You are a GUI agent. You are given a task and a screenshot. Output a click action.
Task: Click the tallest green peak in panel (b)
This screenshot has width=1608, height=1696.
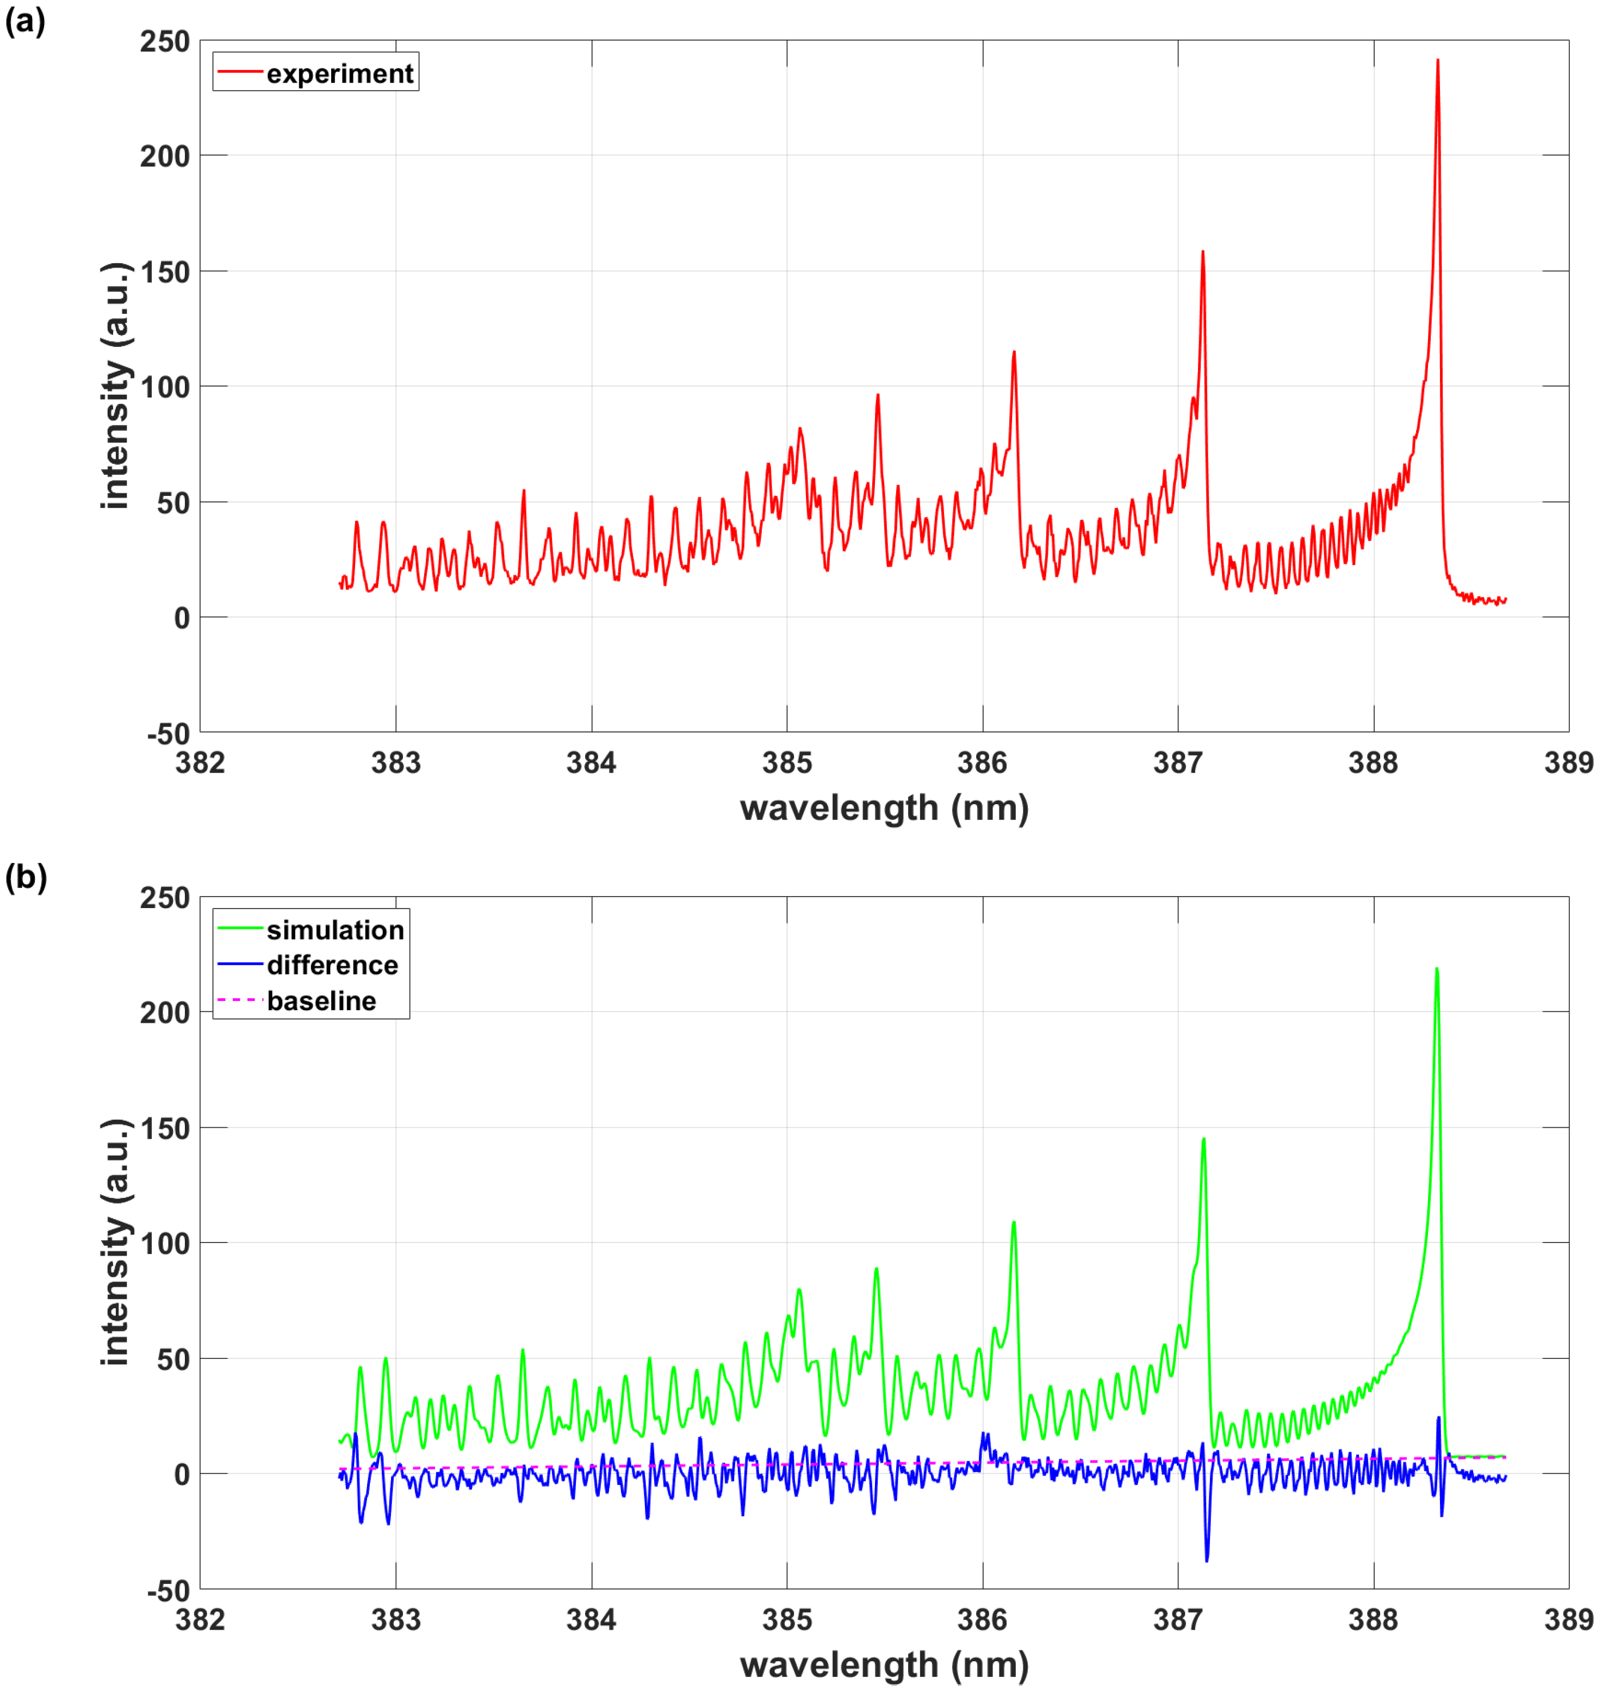[1437, 970]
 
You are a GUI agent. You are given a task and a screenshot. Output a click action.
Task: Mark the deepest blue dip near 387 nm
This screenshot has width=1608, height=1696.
[1207, 1560]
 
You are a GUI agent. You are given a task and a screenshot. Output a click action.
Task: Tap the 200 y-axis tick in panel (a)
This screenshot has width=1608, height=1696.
[165, 156]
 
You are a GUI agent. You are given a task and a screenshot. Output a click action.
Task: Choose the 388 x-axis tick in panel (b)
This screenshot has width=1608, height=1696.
[1373, 1620]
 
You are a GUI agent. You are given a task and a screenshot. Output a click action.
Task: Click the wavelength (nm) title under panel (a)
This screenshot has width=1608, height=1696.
[884, 807]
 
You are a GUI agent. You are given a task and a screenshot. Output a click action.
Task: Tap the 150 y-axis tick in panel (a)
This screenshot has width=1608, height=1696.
[165, 272]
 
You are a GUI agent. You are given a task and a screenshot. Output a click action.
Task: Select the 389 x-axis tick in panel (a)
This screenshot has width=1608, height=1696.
[1568, 762]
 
